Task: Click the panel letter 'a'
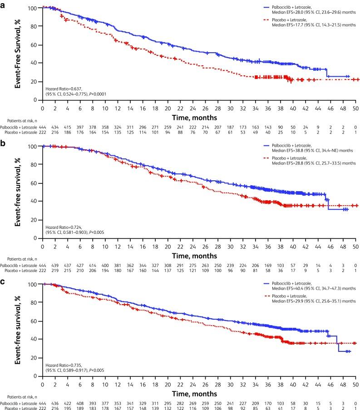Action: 4,4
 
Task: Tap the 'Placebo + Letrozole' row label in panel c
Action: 21,406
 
